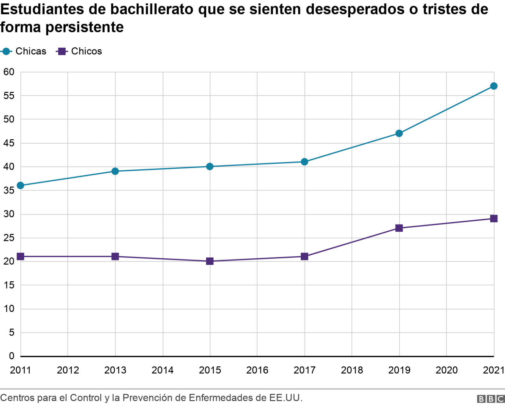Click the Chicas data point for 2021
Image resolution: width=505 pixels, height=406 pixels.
tap(494, 86)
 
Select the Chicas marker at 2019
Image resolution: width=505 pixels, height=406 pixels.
tap(399, 133)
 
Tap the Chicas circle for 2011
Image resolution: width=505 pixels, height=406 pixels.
tap(21, 185)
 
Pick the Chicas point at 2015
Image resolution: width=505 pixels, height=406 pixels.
tap(210, 166)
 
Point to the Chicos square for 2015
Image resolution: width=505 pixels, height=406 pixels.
tap(210, 261)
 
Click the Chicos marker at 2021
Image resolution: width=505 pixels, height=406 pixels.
tap(494, 218)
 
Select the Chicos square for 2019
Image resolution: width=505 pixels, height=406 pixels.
tap(399, 228)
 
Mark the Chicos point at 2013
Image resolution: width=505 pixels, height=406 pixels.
tap(115, 256)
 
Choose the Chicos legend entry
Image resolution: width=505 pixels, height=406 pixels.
tap(79, 51)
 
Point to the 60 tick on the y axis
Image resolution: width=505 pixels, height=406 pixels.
tap(9, 72)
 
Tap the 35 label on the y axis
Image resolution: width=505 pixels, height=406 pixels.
tap(9, 190)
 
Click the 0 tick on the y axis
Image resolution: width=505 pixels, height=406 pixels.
tap(11, 356)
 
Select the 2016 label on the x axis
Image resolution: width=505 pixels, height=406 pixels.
tap(257, 370)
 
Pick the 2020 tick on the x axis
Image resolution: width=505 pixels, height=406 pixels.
tap(446, 370)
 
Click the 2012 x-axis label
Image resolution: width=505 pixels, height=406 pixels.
tap(68, 370)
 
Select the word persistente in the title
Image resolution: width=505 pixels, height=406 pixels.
tap(85, 27)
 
